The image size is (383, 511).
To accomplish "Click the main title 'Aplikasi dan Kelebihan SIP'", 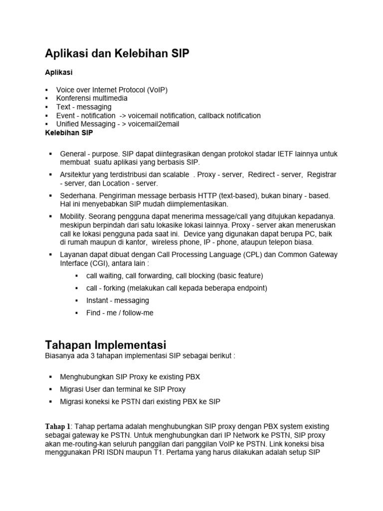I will (117, 54).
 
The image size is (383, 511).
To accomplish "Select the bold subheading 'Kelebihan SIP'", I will (69, 133).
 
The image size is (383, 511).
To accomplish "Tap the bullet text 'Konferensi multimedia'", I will (92, 98).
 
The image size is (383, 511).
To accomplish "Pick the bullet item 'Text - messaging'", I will (84, 107).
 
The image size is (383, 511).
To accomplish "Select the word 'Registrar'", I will (322, 175).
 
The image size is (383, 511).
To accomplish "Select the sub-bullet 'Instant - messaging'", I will (118, 300).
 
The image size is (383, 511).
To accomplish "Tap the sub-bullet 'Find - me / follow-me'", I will (120, 313).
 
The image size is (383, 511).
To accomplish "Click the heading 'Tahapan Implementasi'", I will (105, 345).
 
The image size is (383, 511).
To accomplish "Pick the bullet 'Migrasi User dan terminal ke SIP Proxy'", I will (123, 389).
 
